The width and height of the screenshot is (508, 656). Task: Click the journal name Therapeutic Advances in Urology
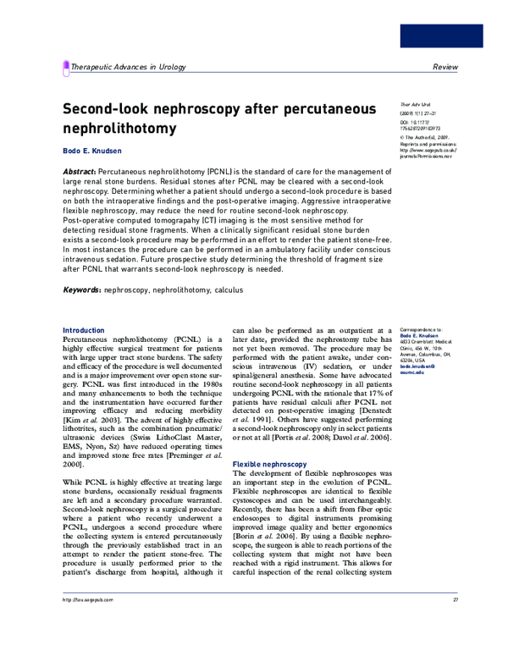pyautogui.click(x=128, y=66)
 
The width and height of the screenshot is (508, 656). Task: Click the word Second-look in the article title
pyautogui.click(x=111, y=110)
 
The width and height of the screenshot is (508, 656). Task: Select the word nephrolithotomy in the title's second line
pyautogui.click(x=119, y=130)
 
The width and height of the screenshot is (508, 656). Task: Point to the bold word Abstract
pyautogui.click(x=80, y=171)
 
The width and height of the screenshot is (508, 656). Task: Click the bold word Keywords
pyautogui.click(x=82, y=289)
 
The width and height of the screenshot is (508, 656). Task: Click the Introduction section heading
pyautogui.click(x=85, y=330)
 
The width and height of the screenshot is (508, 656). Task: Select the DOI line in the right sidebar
pyautogui.click(x=419, y=125)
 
